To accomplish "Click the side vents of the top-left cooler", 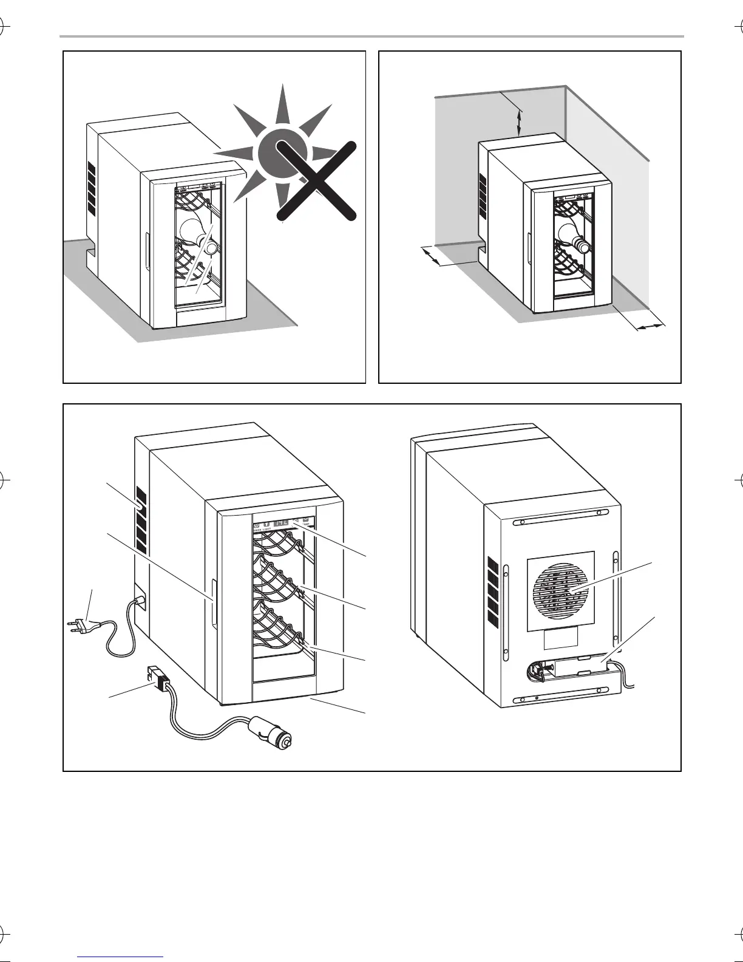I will pyautogui.click(x=92, y=188).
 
